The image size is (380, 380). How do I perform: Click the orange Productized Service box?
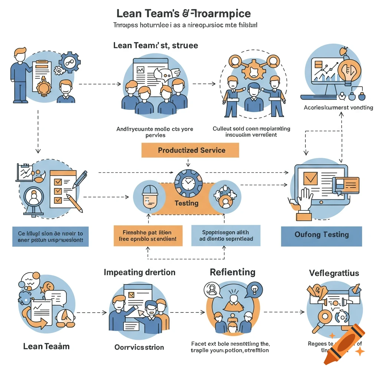(190, 150)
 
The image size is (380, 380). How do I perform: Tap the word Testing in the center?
(187, 203)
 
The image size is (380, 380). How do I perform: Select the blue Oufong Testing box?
(321, 235)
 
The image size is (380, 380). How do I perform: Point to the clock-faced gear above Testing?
(188, 183)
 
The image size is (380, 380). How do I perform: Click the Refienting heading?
(232, 272)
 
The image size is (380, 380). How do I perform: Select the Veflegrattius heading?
(334, 273)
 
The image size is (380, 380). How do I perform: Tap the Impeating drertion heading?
(140, 272)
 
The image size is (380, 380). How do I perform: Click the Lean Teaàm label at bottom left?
(46, 346)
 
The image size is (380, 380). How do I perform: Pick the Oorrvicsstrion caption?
(139, 347)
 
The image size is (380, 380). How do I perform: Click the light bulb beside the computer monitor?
(347, 69)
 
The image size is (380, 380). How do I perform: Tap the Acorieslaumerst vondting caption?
(338, 108)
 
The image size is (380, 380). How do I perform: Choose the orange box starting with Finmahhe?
(148, 236)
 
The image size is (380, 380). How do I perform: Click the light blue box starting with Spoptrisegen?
(226, 236)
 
